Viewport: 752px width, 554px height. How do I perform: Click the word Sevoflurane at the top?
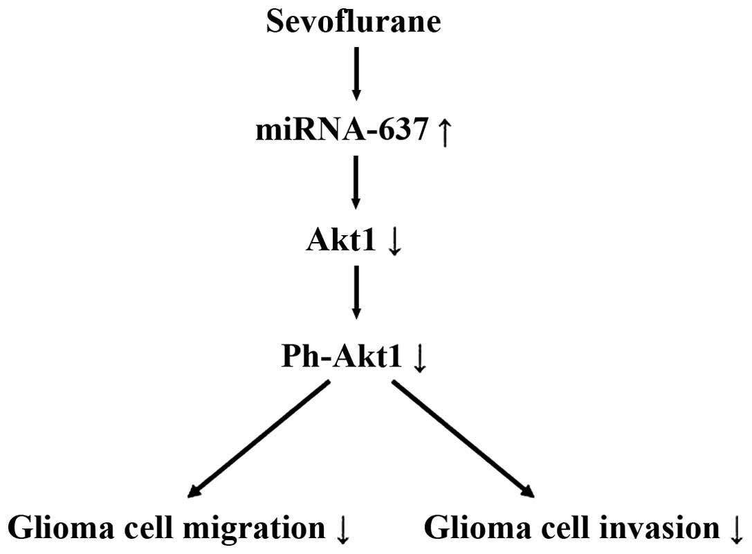(354, 21)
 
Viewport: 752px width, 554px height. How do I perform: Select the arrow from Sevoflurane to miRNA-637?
(356, 73)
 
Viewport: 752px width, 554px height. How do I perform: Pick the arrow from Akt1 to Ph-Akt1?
(356, 293)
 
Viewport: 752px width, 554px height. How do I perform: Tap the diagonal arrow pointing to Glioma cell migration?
(259, 438)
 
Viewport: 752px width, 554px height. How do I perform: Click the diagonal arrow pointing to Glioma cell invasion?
(462, 438)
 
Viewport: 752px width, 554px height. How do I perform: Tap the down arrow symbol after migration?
(342, 531)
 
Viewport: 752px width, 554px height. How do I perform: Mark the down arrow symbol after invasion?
(735, 531)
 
